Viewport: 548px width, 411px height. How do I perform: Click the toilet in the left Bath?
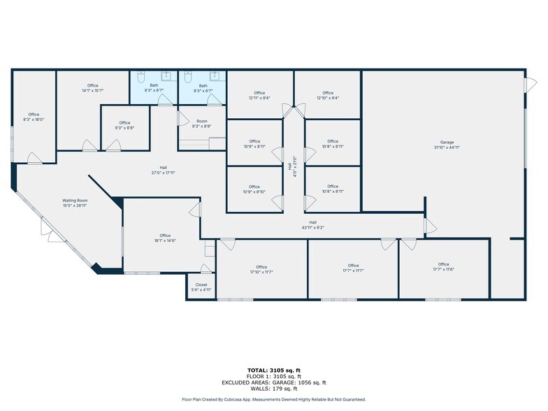[x=141, y=75]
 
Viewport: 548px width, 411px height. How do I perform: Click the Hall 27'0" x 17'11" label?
[x=163, y=170]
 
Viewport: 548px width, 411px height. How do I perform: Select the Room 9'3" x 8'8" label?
[x=202, y=123]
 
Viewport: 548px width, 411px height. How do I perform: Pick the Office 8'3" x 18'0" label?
[x=34, y=117]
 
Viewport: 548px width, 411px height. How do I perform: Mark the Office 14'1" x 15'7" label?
[x=92, y=88]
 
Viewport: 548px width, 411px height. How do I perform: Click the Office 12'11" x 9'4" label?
[x=259, y=95]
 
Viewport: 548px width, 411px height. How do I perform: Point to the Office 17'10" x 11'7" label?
[x=261, y=269]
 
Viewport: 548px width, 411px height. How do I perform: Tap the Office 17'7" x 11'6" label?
[x=443, y=266]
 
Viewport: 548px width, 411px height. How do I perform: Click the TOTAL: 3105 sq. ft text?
[x=274, y=370]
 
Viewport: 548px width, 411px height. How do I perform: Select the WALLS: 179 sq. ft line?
[x=274, y=389]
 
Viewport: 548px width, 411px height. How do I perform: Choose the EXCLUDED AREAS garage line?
[x=274, y=382]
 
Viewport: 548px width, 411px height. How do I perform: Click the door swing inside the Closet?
[x=205, y=269]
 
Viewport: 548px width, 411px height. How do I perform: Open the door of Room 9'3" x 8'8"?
[x=183, y=117]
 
